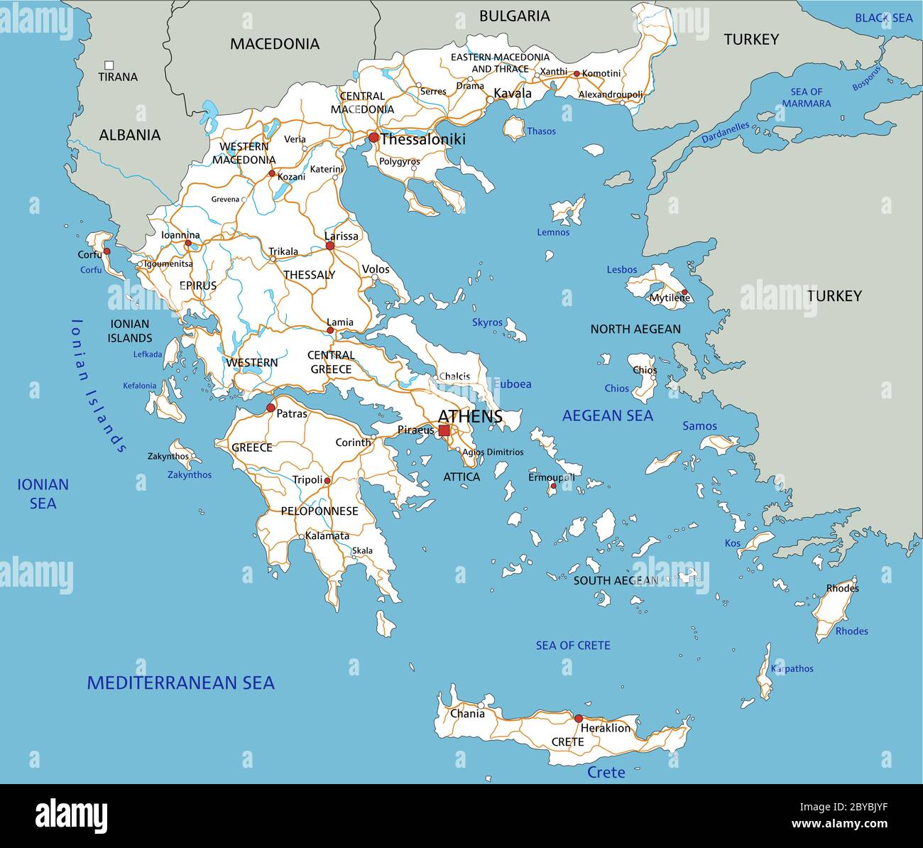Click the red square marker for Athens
click(444, 430)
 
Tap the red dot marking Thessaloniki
click(373, 138)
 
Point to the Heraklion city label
click(605, 728)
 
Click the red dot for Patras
click(271, 408)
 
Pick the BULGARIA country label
click(514, 16)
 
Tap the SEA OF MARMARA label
click(806, 97)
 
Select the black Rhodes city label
click(842, 588)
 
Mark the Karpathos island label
click(792, 668)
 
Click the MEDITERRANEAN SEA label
click(180, 683)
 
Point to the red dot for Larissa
click(329, 246)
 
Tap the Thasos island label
click(541, 131)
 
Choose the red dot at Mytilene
click(684, 293)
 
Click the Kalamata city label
click(327, 536)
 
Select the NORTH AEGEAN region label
click(635, 329)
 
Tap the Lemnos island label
click(552, 232)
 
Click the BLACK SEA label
click(883, 18)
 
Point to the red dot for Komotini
click(577, 73)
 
